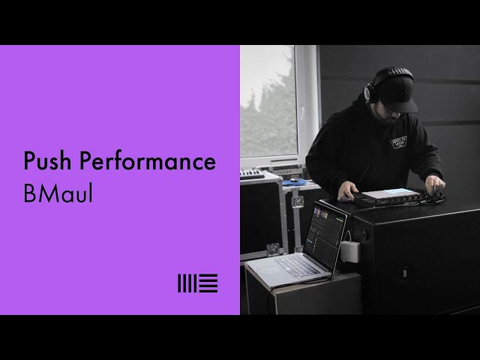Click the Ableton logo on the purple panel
pos(197,283)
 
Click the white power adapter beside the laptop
pos(350,251)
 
